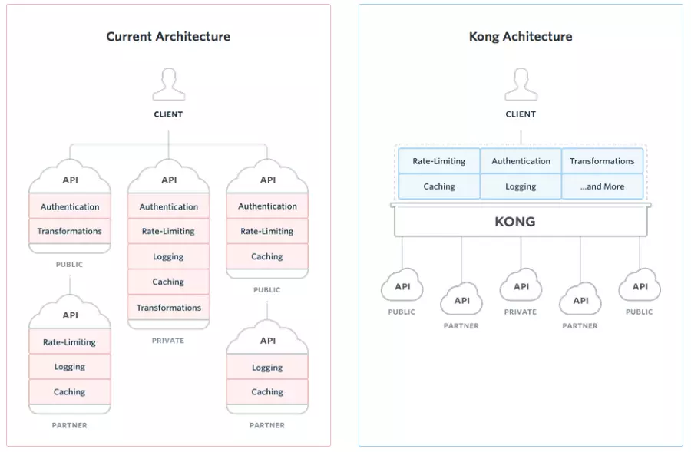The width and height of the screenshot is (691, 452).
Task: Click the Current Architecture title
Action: [x=168, y=37]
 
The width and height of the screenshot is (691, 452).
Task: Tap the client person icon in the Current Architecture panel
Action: [x=169, y=84]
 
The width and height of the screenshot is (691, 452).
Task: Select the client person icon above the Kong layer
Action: [x=521, y=84]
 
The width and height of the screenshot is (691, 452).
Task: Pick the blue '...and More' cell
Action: [x=602, y=186]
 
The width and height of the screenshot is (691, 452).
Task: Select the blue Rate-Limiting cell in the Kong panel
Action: [x=439, y=161]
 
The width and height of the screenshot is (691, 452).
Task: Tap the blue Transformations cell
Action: [x=602, y=161]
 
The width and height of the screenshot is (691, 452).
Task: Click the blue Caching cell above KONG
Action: [x=439, y=186]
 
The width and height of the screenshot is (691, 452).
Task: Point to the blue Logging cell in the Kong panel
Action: [x=521, y=186]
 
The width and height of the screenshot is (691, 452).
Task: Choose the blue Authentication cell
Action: [x=521, y=161]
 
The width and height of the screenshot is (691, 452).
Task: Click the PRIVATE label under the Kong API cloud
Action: [x=521, y=312]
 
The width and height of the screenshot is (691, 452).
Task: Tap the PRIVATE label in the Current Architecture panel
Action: [x=168, y=341]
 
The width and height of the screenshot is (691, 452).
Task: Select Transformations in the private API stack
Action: [x=168, y=308]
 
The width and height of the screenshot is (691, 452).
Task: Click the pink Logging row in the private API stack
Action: [x=168, y=256]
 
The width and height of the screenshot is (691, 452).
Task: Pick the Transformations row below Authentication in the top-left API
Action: [x=70, y=231]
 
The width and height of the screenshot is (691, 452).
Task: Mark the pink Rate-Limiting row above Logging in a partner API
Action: [x=70, y=341]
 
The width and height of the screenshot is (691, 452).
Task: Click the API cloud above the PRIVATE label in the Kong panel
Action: [x=521, y=285]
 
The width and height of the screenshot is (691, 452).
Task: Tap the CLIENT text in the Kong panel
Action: [x=521, y=114]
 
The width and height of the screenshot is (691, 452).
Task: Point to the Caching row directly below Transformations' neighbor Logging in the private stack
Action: [x=168, y=282]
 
